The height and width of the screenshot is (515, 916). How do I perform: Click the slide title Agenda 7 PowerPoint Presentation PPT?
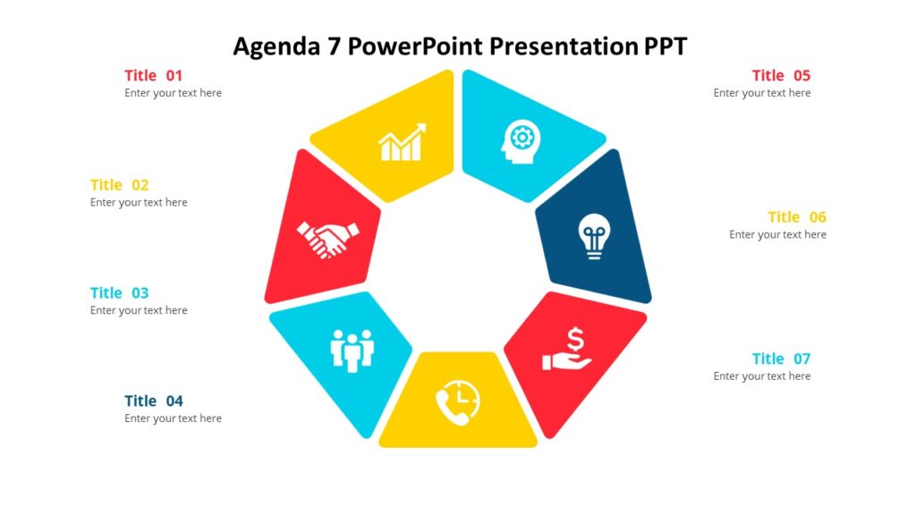tap(460, 46)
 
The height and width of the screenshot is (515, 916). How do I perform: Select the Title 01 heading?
tap(153, 75)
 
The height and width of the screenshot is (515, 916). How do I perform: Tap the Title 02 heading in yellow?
tap(119, 185)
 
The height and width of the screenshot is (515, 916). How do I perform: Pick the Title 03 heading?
tap(119, 292)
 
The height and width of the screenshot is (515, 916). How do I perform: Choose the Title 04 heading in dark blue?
tap(153, 401)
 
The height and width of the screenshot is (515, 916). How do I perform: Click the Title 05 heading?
tap(781, 75)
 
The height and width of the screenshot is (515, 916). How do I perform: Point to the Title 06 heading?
tap(797, 217)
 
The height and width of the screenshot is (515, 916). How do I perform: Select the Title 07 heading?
tap(781, 359)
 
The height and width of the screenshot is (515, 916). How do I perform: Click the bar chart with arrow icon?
tap(402, 143)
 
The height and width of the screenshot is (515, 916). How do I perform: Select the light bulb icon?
tap(593, 236)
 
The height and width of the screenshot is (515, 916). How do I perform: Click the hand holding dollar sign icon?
tap(568, 350)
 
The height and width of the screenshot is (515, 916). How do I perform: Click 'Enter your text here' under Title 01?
tap(173, 93)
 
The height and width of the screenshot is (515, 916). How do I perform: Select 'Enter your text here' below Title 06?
tap(777, 235)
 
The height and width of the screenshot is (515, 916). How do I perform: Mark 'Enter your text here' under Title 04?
tap(173, 418)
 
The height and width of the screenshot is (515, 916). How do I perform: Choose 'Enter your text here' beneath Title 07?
tap(762, 376)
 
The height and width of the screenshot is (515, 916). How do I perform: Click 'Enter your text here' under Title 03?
tap(139, 310)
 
